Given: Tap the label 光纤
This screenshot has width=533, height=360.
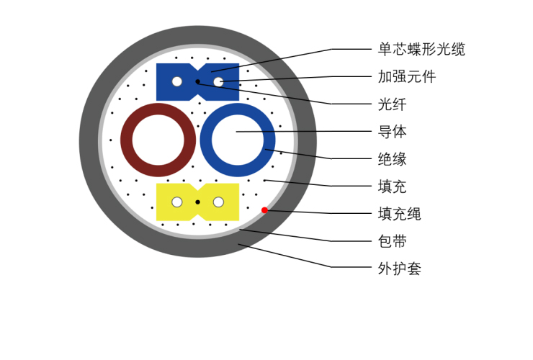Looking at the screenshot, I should (393, 104).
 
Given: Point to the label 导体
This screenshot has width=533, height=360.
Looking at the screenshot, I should (393, 132).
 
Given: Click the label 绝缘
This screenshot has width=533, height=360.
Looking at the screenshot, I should (393, 159).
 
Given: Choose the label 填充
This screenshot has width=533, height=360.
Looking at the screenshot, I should (393, 186).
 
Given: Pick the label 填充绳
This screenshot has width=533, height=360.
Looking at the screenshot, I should (400, 214).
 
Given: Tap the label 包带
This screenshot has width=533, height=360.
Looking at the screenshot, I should (393, 241).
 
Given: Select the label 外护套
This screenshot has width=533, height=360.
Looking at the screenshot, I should (400, 269).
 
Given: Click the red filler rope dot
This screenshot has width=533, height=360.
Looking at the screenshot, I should (265, 210).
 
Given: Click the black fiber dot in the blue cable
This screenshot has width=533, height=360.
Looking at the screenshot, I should (197, 82).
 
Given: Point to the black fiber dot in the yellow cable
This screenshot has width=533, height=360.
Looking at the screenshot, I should (197, 202).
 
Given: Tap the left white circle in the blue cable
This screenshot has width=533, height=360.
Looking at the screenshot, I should (176, 82).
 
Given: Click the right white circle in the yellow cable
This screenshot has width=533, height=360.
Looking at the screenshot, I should (218, 202).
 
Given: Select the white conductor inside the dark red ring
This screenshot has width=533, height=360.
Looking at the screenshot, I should (158, 140).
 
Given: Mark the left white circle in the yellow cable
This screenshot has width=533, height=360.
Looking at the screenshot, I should (176, 202).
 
